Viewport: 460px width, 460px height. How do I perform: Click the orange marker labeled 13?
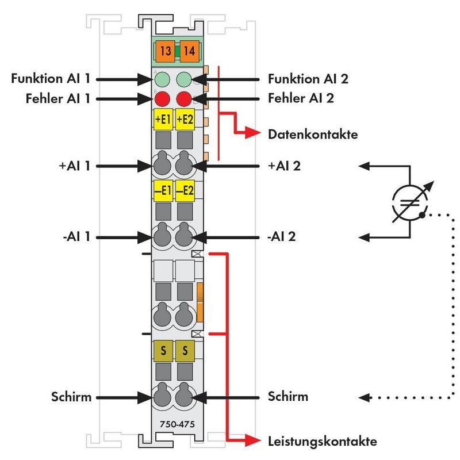tap(166, 51)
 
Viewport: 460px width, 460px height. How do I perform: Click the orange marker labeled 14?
tap(189, 51)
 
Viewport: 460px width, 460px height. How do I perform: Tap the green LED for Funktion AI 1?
tap(162, 79)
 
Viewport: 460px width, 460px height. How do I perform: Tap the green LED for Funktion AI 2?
tap(184, 79)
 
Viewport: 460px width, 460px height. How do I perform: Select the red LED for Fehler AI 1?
tap(162, 98)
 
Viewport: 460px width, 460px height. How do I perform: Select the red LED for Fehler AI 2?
tap(184, 98)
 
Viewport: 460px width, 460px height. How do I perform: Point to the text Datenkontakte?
tap(313, 135)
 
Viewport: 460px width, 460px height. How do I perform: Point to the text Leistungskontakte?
tap(323, 442)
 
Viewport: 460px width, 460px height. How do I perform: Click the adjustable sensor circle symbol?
tap(410, 201)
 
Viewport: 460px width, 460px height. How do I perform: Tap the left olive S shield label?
tap(163, 350)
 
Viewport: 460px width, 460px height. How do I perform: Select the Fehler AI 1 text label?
tap(57, 98)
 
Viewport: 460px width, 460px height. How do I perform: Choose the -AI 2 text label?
tap(281, 236)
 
